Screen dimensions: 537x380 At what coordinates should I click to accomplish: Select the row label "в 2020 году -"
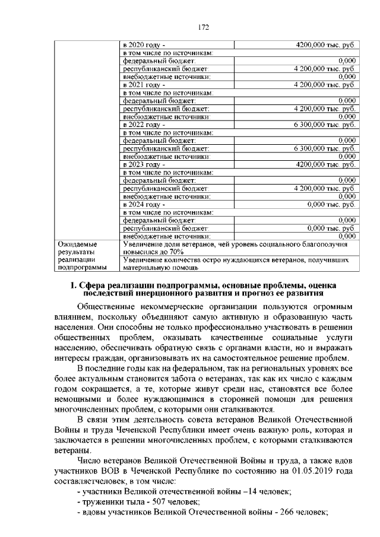[144, 45]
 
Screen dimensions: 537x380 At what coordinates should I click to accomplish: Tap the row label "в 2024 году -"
[144, 204]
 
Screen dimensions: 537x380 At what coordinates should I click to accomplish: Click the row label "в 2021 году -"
[144, 85]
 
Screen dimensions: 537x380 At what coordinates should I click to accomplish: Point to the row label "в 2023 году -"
[144, 164]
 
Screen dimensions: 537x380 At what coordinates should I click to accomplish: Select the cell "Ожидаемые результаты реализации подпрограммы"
[77, 256]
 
